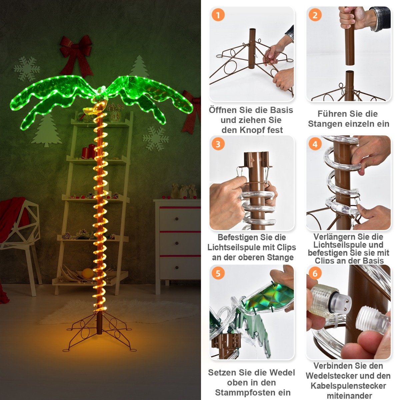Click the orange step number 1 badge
pyautogui.click(x=218, y=15)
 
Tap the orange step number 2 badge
pyautogui.click(x=315, y=15)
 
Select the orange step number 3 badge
pyautogui.click(x=218, y=144)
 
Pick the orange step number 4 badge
pyautogui.click(x=315, y=144)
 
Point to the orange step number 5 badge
pyautogui.click(x=218, y=273)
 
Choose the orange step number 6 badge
pyautogui.click(x=315, y=273)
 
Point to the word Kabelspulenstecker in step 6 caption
pyautogui.click(x=348, y=386)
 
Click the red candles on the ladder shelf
pyautogui.click(x=89, y=151)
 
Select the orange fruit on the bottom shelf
pyautogui.click(x=88, y=273)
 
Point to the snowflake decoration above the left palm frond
pyautogui.click(x=27, y=69)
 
